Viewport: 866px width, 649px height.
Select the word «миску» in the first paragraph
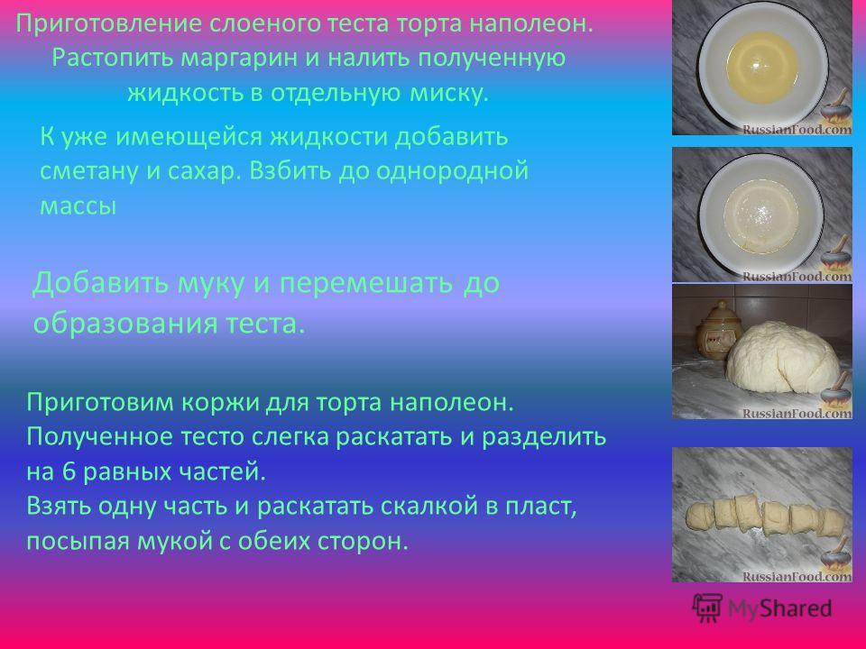coord(449,93)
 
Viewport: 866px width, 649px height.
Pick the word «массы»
coord(78,206)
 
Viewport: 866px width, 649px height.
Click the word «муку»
coord(210,283)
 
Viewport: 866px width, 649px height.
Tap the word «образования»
coord(125,324)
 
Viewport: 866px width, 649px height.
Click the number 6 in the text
coord(69,471)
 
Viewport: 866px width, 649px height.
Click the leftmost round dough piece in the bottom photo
coord(700,516)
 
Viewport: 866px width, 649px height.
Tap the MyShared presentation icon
coord(707,608)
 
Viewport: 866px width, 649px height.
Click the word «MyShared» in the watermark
coord(779,608)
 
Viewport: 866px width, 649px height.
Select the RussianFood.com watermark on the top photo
coord(797,129)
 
